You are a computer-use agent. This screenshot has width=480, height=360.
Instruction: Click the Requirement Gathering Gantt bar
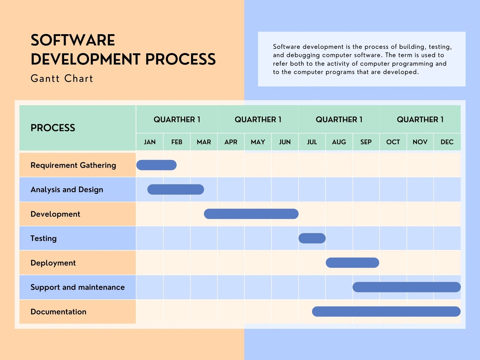click(x=156, y=165)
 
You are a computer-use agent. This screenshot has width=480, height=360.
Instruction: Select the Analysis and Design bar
click(x=175, y=189)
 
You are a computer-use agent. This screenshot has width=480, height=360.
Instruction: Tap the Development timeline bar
click(x=251, y=214)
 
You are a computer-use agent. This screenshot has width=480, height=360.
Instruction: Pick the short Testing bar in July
click(x=312, y=238)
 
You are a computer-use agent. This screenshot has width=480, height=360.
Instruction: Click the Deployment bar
click(x=352, y=262)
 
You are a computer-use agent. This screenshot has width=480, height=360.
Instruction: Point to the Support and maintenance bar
click(x=406, y=287)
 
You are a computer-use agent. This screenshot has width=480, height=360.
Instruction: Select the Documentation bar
click(x=386, y=311)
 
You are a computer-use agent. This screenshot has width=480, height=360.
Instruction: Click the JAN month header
click(x=150, y=142)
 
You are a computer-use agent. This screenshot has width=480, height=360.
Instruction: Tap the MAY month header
click(x=258, y=142)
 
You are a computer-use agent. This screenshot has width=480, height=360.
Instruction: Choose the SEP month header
click(x=366, y=142)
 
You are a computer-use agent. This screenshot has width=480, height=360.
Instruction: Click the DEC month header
click(x=447, y=142)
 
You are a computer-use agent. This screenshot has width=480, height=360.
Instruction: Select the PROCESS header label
click(x=53, y=128)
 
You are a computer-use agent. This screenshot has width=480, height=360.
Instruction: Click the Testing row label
click(x=43, y=238)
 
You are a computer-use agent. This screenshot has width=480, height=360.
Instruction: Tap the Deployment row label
click(x=53, y=263)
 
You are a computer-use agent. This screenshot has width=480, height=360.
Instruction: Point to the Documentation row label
click(x=58, y=312)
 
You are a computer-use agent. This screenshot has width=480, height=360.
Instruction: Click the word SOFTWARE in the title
click(x=73, y=40)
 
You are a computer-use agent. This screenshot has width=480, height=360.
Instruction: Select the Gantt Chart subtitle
click(x=62, y=79)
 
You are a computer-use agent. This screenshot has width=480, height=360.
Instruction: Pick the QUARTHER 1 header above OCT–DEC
click(x=420, y=119)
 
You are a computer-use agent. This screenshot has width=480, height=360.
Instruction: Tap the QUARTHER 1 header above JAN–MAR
click(x=177, y=119)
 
